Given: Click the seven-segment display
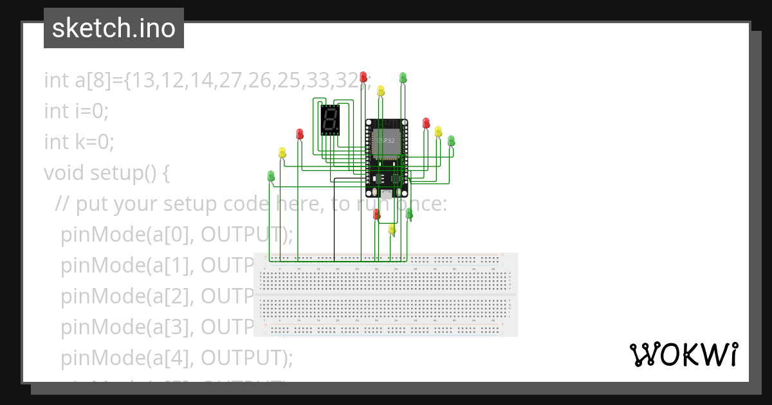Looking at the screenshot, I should click(330, 120).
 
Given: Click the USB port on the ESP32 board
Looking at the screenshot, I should click(385, 192).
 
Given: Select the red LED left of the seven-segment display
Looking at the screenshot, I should click(300, 134).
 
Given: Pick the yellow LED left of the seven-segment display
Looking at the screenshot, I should click(282, 152).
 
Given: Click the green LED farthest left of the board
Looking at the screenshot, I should click(271, 175).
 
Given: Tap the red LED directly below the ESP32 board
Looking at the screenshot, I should click(376, 214).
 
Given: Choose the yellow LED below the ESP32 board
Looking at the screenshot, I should click(392, 228).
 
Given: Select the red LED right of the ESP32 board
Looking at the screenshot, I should click(425, 123).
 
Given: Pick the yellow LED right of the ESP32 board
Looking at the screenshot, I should click(438, 131).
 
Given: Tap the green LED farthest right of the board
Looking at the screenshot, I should click(451, 141).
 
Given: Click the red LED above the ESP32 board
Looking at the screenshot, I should click(363, 76).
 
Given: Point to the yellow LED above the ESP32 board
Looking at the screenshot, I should click(381, 91).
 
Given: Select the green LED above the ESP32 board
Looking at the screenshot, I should click(403, 78).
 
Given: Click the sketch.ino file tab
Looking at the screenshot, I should click(114, 28).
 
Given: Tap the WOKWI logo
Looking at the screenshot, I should click(683, 354).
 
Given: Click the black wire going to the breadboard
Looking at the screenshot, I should click(334, 219).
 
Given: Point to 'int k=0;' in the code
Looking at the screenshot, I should click(79, 141).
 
